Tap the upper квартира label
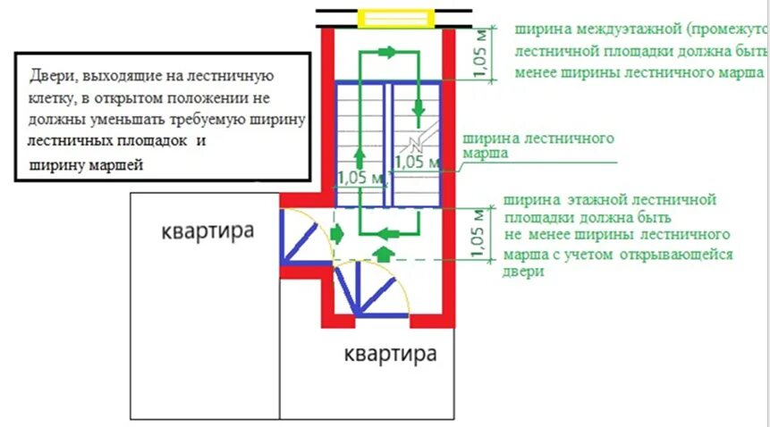pos(207,231)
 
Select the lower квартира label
pos(391,355)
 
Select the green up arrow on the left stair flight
pos(359,157)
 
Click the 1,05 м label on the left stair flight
pos(363,178)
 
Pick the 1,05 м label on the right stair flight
pos(417,163)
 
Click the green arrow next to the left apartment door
pos(337,234)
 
